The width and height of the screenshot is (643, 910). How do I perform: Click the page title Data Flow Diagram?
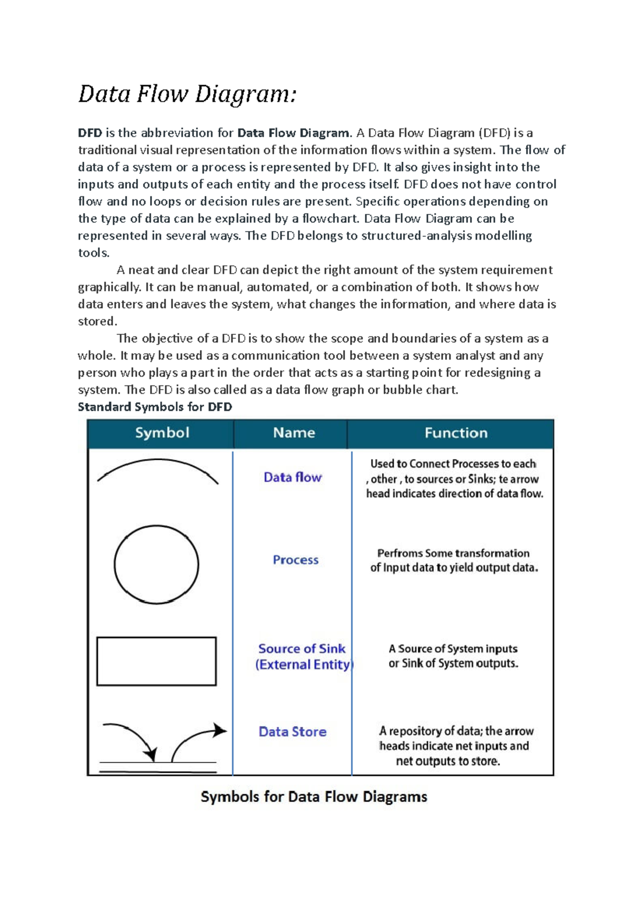[187, 94]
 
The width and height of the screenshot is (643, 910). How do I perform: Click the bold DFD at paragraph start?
[89, 133]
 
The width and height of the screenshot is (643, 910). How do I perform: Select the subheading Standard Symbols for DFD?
[155, 407]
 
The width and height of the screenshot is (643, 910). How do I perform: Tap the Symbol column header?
[162, 432]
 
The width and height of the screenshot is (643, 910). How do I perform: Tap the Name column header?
[294, 432]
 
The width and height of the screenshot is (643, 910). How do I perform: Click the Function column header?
[456, 432]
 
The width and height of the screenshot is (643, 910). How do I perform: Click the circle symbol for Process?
[156, 564]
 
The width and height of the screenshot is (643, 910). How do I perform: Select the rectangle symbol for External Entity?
[156, 661]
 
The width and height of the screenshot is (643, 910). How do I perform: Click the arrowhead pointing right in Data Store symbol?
[220, 730]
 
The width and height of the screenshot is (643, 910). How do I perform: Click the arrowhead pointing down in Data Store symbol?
[152, 755]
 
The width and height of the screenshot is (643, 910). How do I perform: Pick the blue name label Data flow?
[293, 477]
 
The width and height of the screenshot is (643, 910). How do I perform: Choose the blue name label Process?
[295, 560]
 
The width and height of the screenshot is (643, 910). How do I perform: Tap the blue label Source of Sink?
[302, 648]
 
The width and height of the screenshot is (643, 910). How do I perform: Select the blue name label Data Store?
[293, 732]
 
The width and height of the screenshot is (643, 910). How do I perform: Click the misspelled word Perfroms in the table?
[400, 553]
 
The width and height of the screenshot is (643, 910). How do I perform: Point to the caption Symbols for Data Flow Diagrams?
[313, 796]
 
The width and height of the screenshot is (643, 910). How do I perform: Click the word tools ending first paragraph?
[93, 253]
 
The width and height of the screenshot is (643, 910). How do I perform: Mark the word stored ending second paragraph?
[97, 322]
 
